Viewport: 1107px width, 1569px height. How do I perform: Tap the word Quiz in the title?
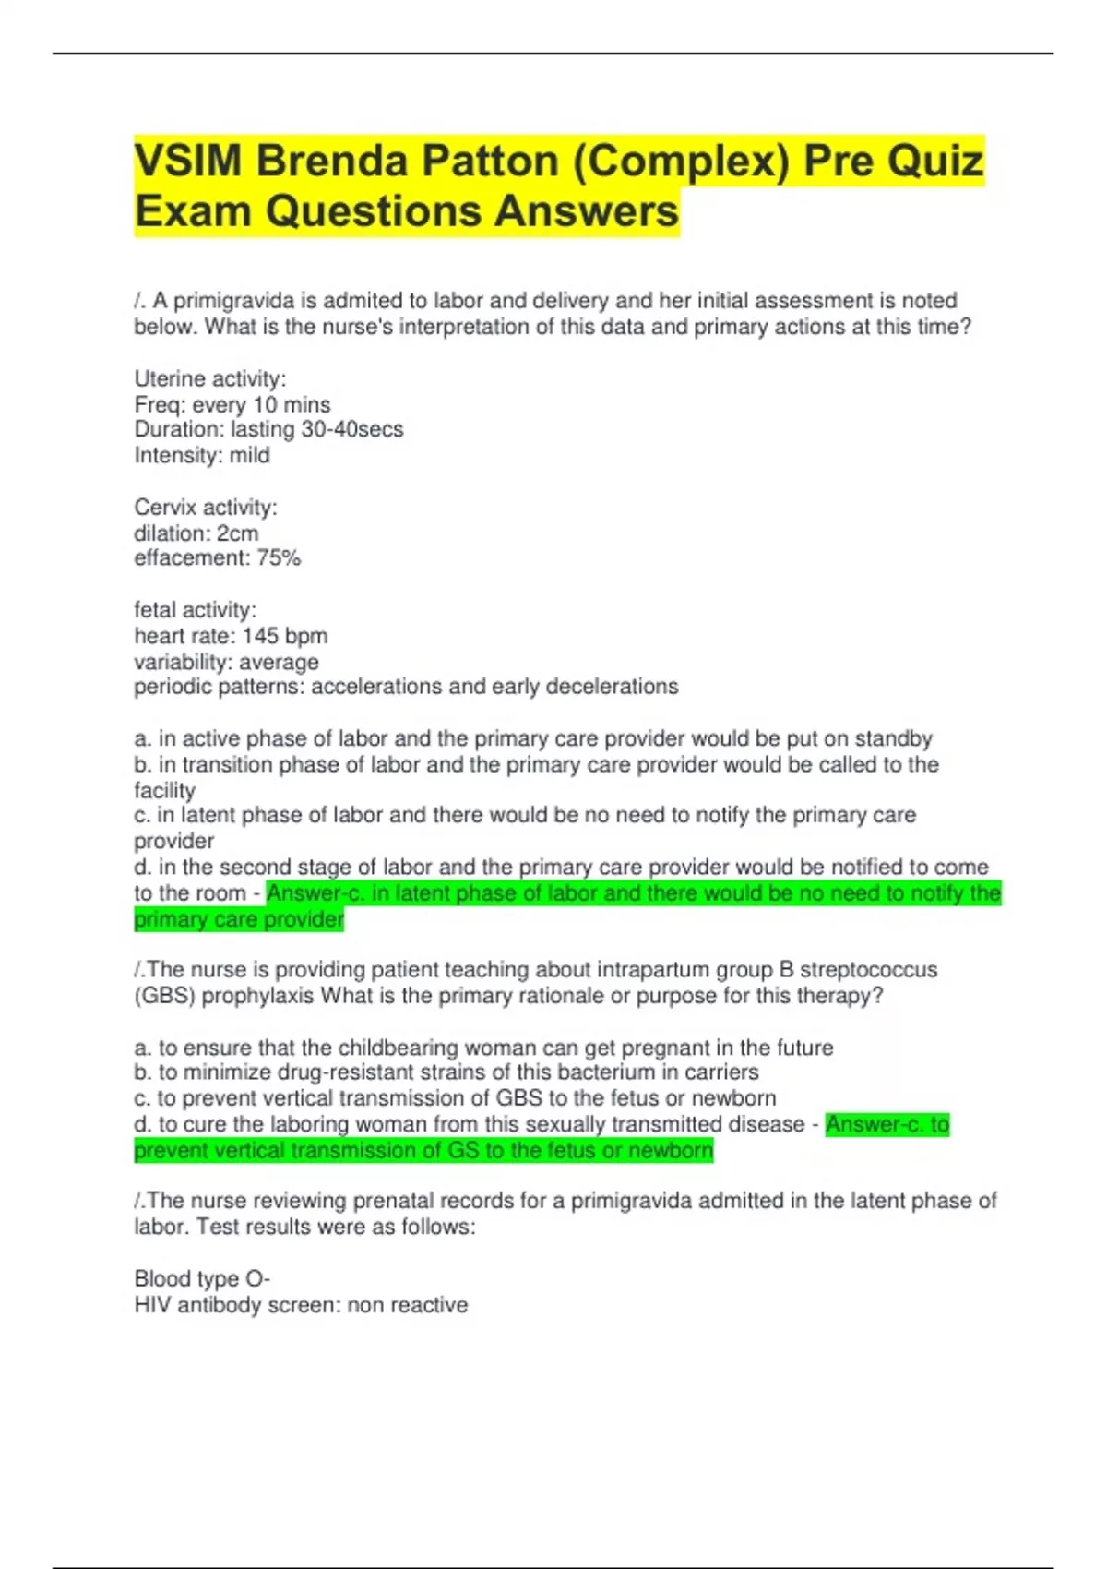[x=934, y=162]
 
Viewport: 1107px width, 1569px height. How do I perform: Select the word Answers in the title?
[x=587, y=211]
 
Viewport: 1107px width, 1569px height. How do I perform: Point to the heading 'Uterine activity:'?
[x=210, y=378]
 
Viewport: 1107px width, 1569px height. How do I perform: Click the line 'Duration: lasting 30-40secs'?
[x=268, y=429]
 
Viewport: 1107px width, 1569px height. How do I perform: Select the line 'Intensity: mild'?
[x=202, y=455]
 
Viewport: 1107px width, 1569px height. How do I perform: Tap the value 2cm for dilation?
[x=237, y=533]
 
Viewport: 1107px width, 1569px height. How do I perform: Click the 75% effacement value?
[x=279, y=558]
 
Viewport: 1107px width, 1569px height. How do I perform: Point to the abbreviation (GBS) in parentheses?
[x=164, y=996]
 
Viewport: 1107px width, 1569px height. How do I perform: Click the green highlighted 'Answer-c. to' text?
[x=887, y=1124]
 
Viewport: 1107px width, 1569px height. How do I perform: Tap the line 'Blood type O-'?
[x=202, y=1279]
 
